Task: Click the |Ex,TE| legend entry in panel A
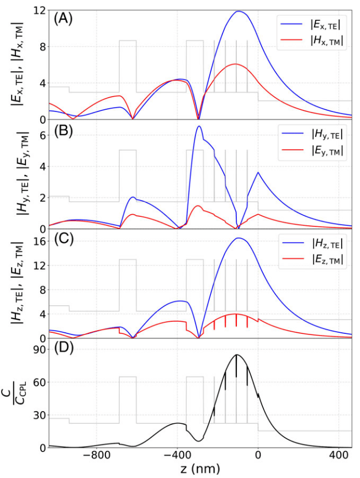pos(312,25)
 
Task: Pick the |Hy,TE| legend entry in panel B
pos(312,134)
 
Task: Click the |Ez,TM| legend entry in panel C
pos(312,265)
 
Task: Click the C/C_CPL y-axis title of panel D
pos(15,392)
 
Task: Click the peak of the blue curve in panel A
pos(239,11)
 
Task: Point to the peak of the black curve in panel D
pos(236,355)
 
